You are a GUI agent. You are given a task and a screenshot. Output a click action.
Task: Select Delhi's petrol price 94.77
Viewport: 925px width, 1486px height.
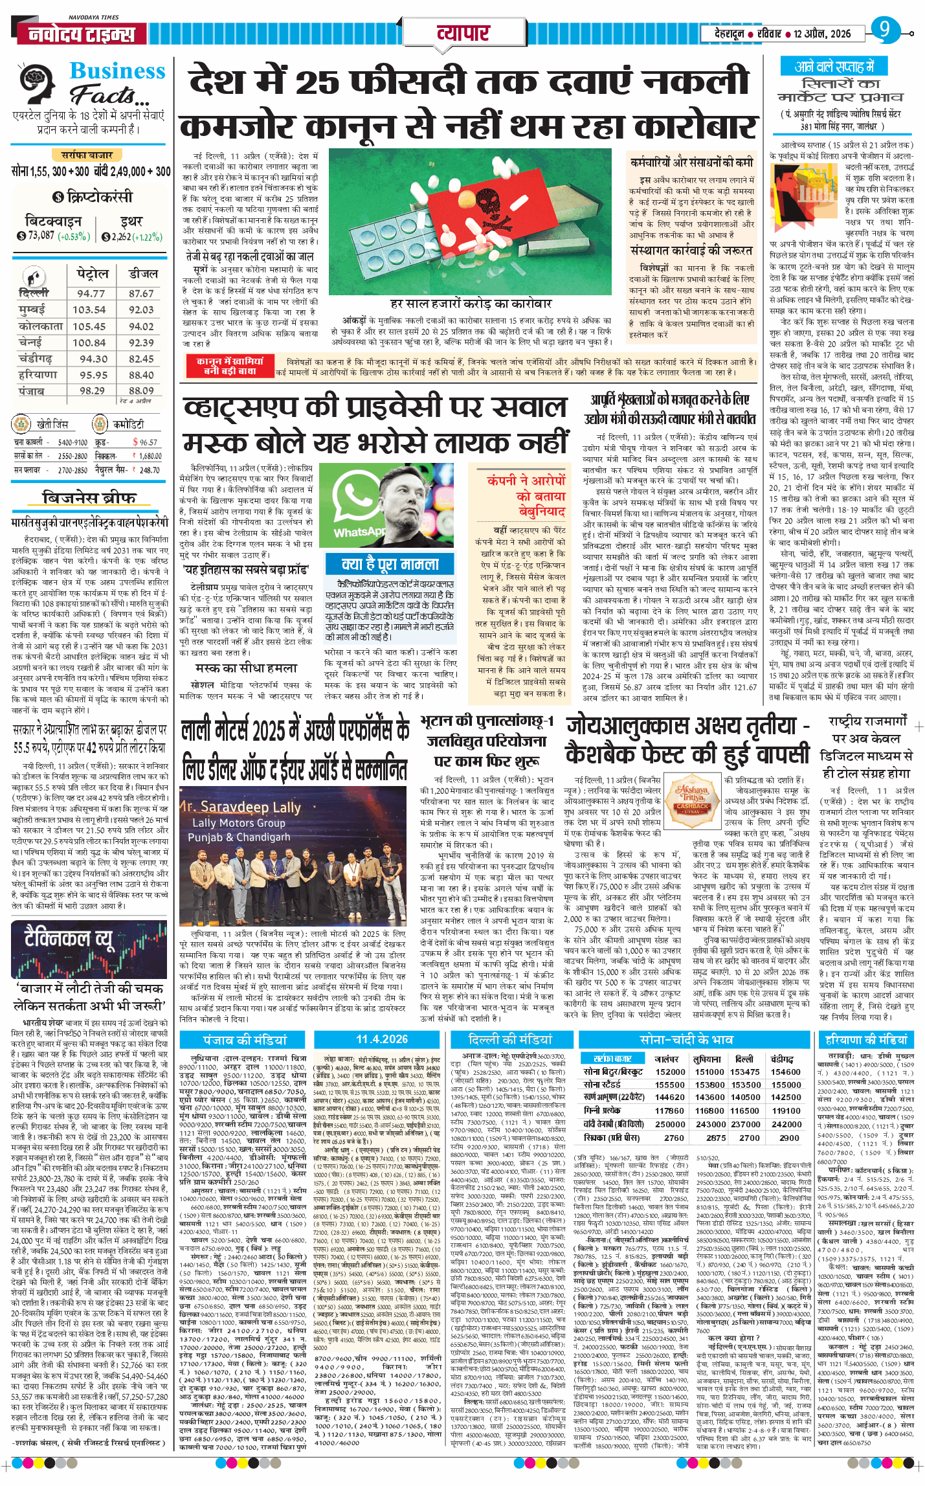(x=91, y=293)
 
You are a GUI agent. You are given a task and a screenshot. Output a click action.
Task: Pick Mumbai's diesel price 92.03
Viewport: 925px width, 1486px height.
(x=141, y=310)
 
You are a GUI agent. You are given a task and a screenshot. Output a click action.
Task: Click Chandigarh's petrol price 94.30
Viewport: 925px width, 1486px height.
(x=94, y=359)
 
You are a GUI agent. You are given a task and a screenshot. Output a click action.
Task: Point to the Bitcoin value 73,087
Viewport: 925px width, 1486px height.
(x=41, y=236)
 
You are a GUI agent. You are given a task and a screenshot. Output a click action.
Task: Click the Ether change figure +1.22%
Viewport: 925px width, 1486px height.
(x=148, y=237)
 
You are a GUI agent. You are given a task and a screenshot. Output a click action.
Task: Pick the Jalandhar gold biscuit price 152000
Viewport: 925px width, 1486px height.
(x=670, y=1072)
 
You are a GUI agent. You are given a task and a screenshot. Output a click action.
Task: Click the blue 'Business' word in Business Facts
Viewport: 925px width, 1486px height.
(x=117, y=71)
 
